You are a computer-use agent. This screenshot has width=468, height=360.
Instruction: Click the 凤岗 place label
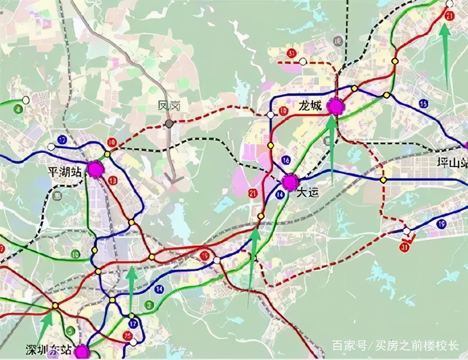click(169, 107)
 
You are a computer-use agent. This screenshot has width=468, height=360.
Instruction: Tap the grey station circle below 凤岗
click(169, 124)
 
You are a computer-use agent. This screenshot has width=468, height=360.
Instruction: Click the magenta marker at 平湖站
click(95, 169)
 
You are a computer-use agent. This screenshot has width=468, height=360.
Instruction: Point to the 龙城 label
click(310, 106)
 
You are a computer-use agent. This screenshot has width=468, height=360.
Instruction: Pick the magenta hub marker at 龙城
click(336, 106)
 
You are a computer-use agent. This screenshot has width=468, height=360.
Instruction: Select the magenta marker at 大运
click(290, 182)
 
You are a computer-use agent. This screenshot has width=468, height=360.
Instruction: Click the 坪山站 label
click(452, 164)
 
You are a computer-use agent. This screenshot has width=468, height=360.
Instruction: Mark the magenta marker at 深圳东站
click(82, 352)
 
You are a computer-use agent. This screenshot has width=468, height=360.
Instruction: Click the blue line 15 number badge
click(424, 103)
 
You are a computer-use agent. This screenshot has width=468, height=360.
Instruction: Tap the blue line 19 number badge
click(441, 224)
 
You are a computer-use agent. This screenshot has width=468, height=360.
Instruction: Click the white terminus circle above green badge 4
click(26, 100)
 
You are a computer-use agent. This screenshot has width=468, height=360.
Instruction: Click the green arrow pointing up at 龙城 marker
click(331, 145)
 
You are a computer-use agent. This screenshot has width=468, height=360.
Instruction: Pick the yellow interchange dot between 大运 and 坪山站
click(383, 180)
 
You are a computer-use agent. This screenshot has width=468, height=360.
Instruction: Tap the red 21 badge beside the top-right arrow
click(450, 16)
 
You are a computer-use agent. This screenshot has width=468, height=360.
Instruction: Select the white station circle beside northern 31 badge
click(303, 61)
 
